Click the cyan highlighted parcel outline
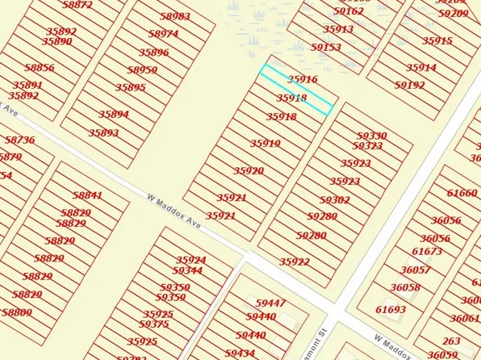tap(295, 90)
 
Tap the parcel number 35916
tap(303, 80)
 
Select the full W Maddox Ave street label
tap(174, 209)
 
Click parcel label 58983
tap(175, 16)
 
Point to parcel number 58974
tap(164, 34)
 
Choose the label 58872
tap(77, 5)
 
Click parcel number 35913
tap(338, 29)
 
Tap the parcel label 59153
tap(326, 48)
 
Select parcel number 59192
tap(410, 85)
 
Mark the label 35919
tap(265, 144)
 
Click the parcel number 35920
tap(249, 171)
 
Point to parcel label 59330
tap(372, 136)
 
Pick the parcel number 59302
tap(335, 199)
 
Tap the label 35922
tap(295, 262)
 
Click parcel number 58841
tap(87, 195)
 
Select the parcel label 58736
tap(20, 140)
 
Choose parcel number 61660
tap(462, 193)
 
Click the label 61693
tap(391, 309)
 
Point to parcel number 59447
tap(271, 303)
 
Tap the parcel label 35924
tap(190, 260)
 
